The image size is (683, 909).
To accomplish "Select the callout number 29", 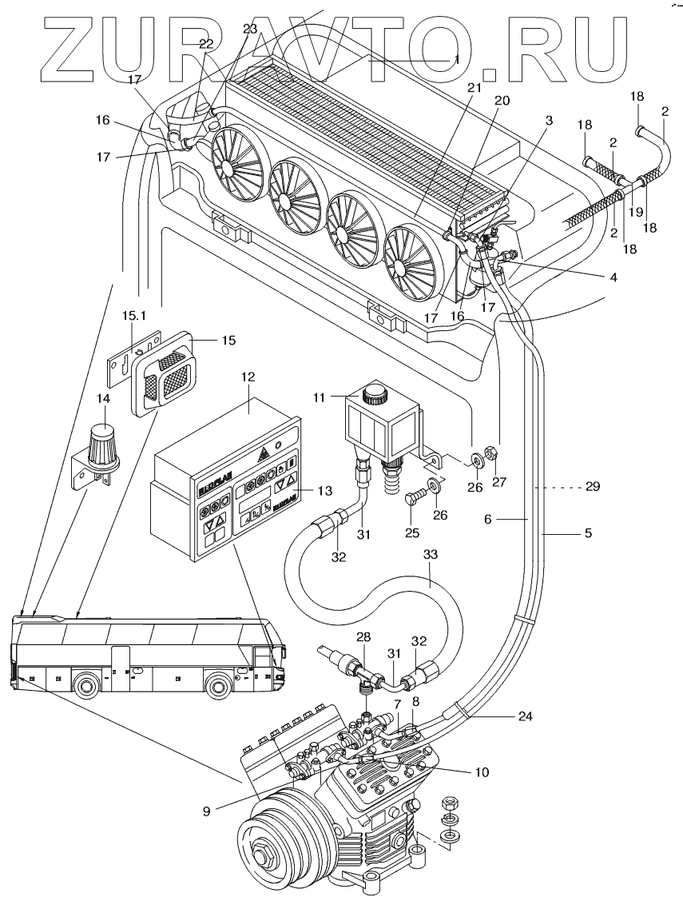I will (x=591, y=486).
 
